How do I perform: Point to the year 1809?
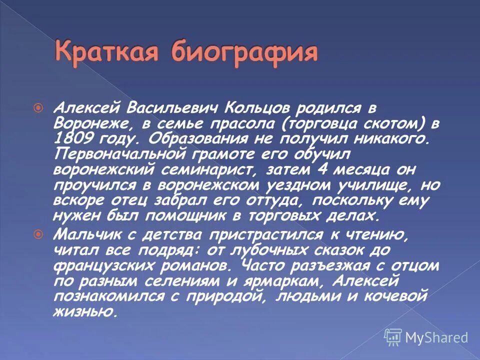pyautogui.click(x=73, y=138)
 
